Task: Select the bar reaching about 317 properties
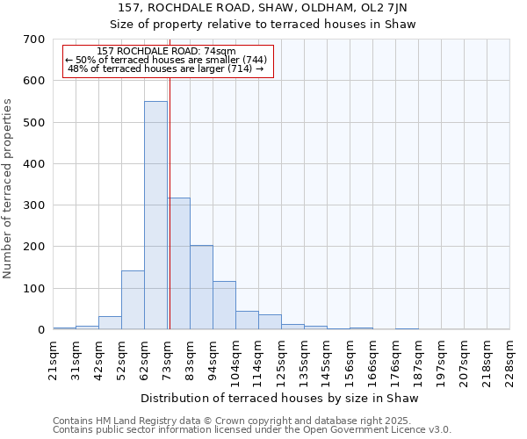pos(178,263)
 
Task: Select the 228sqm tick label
pos(509,360)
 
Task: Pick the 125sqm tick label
pos(281,360)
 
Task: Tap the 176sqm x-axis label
pos(395,360)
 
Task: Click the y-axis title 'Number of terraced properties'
pos(9,189)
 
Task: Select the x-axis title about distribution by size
pos(280,398)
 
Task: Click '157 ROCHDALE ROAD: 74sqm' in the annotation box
pos(166,52)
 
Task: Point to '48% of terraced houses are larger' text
pos(166,68)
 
